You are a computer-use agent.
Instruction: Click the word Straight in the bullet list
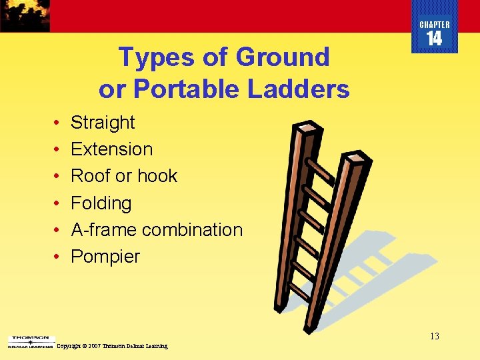pyautogui.click(x=103, y=123)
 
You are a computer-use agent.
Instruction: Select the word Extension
pyautogui.click(x=111, y=149)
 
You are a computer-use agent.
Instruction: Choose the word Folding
pyautogui.click(x=101, y=203)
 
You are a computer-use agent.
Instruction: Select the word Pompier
pyautogui.click(x=105, y=256)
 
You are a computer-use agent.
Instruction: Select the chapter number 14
pyautogui.click(x=434, y=39)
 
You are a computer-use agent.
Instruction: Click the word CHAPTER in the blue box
pyautogui.click(x=434, y=25)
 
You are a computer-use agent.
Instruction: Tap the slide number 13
pyautogui.click(x=434, y=336)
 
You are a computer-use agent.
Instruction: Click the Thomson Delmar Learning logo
pyautogui.click(x=31, y=342)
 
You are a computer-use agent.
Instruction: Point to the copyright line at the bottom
pyautogui.click(x=113, y=346)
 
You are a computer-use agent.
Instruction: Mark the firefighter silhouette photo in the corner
pyautogui.click(x=25, y=15)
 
